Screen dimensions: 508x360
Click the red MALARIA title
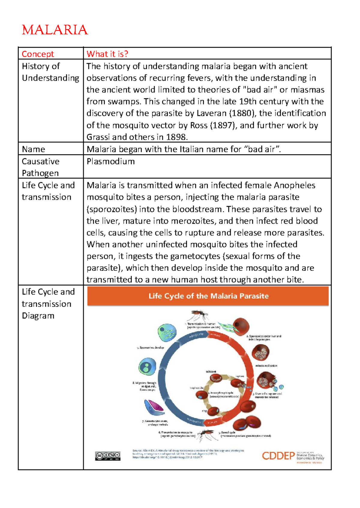click(55, 30)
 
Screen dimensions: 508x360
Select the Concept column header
click(38, 54)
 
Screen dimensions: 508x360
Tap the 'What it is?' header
click(107, 54)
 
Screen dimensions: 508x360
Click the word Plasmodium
click(111, 161)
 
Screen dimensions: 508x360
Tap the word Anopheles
click(294, 185)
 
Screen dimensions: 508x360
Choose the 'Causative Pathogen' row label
click(40, 167)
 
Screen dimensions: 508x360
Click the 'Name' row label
click(33, 149)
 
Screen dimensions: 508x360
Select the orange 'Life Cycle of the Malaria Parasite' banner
click(208, 296)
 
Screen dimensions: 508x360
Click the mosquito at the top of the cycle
click(198, 315)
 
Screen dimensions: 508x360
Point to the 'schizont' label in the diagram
click(211, 372)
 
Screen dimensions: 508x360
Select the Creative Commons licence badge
click(108, 456)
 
